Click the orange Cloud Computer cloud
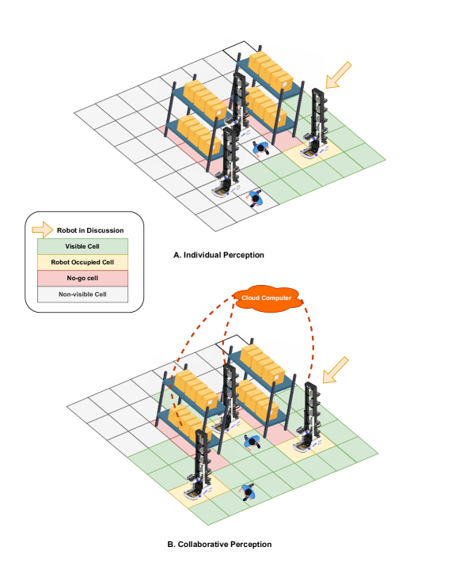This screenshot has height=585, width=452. point(267,298)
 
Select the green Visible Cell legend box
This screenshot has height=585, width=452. point(82,246)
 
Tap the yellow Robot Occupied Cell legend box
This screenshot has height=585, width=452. point(82,262)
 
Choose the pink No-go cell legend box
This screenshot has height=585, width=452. point(82,279)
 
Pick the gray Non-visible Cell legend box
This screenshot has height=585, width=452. point(82,294)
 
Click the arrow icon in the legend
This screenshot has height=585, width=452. point(43,230)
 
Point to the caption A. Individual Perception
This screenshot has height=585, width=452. point(218,255)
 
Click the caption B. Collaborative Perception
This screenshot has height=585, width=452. point(219,545)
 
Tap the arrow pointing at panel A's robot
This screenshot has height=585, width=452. point(338,76)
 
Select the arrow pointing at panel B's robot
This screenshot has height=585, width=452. point(335,370)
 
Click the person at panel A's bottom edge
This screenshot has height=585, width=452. point(255,198)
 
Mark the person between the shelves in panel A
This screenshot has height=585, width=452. point(260,148)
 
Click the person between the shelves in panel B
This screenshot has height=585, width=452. point(253,443)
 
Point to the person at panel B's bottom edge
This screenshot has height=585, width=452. point(247,492)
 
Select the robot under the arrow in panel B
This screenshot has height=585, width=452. point(309,417)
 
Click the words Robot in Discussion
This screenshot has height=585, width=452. point(90,230)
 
